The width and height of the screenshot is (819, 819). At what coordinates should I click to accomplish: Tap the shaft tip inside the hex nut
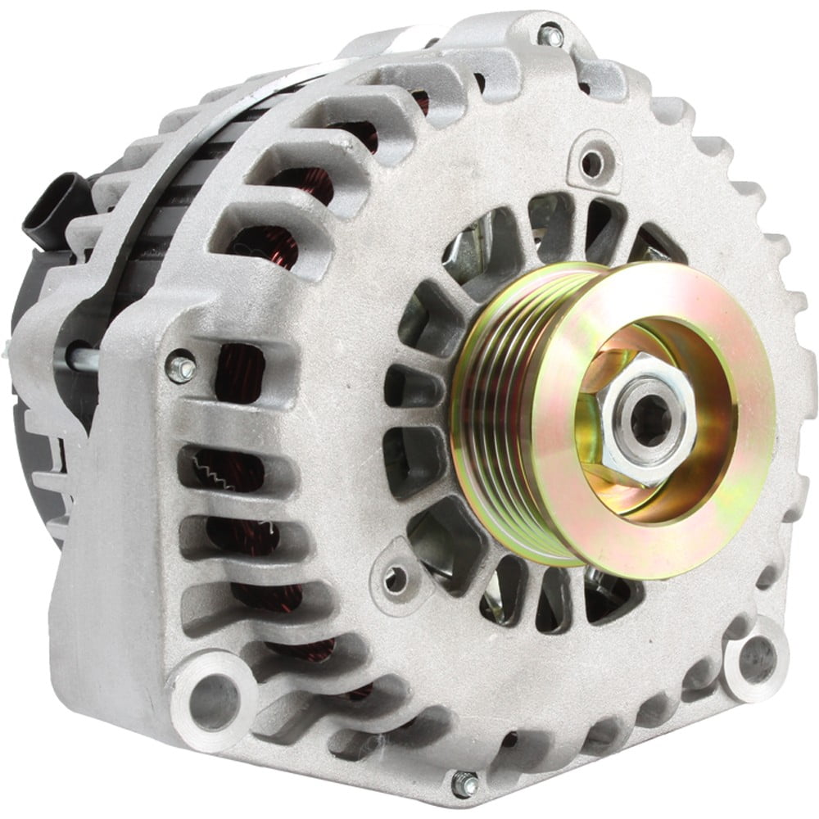click(645, 420)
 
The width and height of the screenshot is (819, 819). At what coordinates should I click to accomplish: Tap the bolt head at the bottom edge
click(465, 784)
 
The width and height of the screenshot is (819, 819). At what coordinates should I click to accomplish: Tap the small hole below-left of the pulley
click(396, 579)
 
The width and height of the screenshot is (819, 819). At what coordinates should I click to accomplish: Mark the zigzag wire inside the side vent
click(215, 473)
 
